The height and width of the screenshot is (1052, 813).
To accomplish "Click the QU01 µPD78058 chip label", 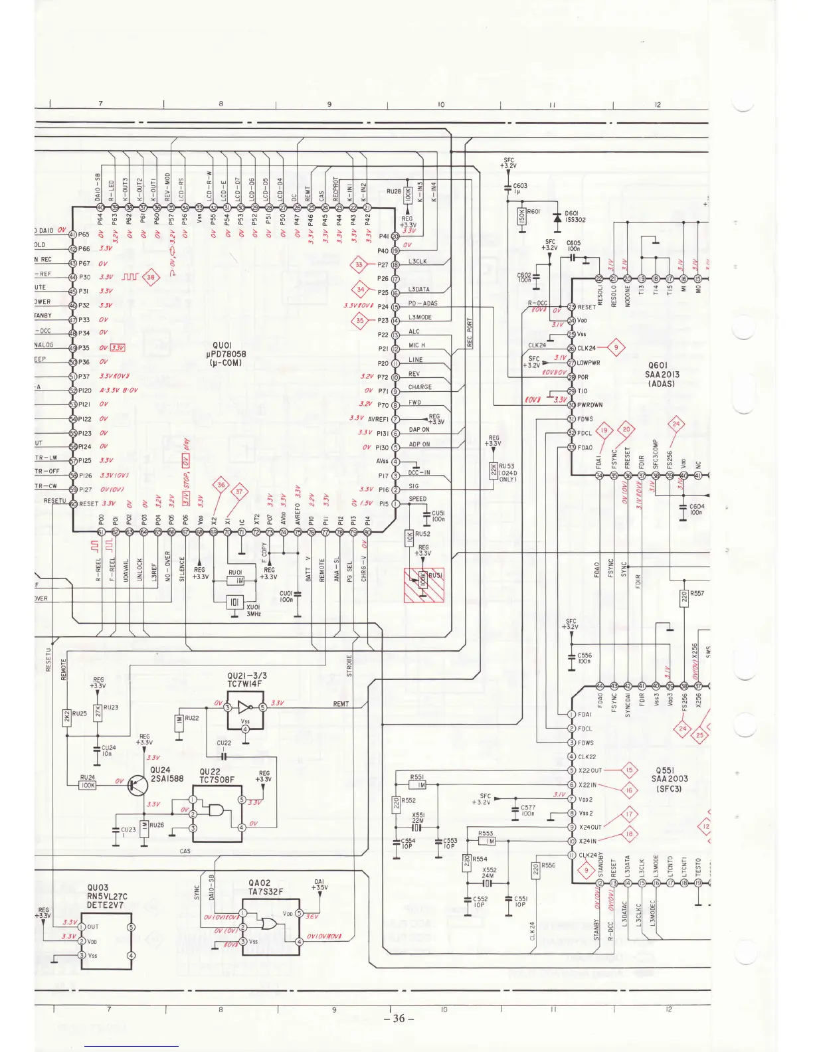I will [226, 354].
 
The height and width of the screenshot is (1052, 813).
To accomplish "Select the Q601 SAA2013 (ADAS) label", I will [662, 375].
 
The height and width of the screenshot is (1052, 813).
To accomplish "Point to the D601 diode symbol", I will [557, 218].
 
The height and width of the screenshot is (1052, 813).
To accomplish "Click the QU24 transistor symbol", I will [138, 786].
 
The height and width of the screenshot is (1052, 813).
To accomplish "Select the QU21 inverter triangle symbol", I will [244, 707].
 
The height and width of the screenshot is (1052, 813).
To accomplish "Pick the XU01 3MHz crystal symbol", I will [234, 602].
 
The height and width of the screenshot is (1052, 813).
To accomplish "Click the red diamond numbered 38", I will [151, 277].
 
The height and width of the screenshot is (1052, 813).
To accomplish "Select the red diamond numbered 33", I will [359, 264].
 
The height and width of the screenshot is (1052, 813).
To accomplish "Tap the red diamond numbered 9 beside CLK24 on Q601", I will [616, 347].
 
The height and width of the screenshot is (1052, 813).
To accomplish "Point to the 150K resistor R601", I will [521, 216].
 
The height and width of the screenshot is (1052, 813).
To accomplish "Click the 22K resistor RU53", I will [493, 470].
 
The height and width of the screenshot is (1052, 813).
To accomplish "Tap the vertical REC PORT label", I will [469, 333].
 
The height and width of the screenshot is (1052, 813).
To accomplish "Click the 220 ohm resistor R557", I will [684, 597].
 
